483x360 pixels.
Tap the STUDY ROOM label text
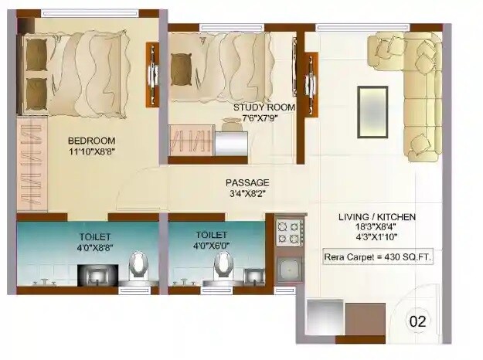[x=264, y=107]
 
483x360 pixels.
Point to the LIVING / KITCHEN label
[x=378, y=217]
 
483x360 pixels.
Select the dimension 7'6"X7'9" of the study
[x=264, y=118]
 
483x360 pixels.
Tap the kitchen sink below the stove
[x=291, y=271]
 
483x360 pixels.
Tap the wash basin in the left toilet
[x=97, y=273]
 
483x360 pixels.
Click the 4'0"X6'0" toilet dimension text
[x=210, y=246]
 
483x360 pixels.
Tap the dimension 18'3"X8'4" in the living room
[x=378, y=228]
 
